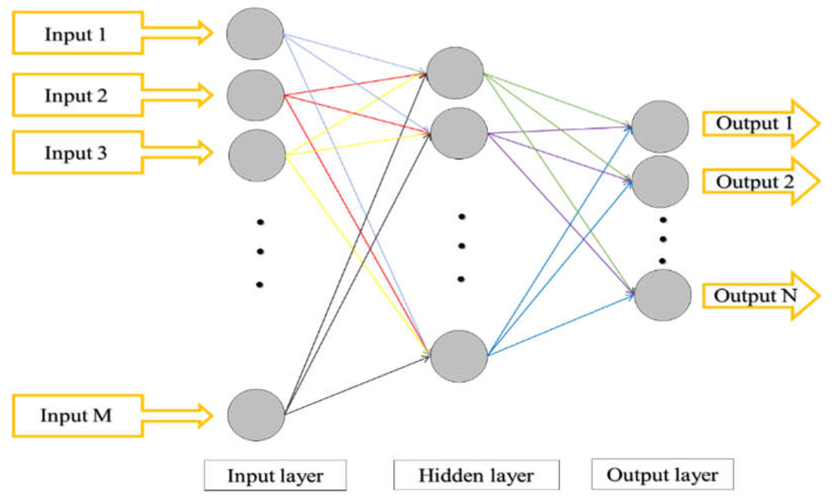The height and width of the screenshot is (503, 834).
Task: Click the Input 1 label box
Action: [x=77, y=33]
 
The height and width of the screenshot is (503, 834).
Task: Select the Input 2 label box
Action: [x=77, y=95]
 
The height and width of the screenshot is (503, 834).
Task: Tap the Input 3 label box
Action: [x=77, y=153]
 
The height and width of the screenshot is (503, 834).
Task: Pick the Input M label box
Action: [x=77, y=415]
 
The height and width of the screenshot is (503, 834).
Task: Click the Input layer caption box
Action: [x=275, y=475]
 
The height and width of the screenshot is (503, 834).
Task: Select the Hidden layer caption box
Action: [x=476, y=475]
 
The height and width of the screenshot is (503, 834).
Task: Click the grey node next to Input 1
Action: [x=255, y=34]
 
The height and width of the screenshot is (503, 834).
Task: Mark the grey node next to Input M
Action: [x=256, y=415]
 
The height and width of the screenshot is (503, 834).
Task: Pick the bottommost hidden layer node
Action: [x=459, y=356]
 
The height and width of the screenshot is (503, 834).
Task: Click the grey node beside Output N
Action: [x=662, y=295]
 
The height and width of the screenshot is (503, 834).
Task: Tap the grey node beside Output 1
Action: [x=660, y=127]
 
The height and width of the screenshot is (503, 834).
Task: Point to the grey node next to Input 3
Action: [x=257, y=156]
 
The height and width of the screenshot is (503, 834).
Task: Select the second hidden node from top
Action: [x=459, y=133]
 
